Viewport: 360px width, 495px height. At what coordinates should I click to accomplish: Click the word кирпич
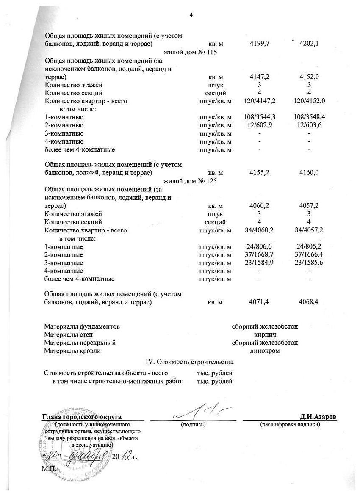[x=265, y=335]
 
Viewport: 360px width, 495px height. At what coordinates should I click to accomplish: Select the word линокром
[x=265, y=351]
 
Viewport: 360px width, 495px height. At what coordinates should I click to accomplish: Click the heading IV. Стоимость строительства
[x=189, y=362]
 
